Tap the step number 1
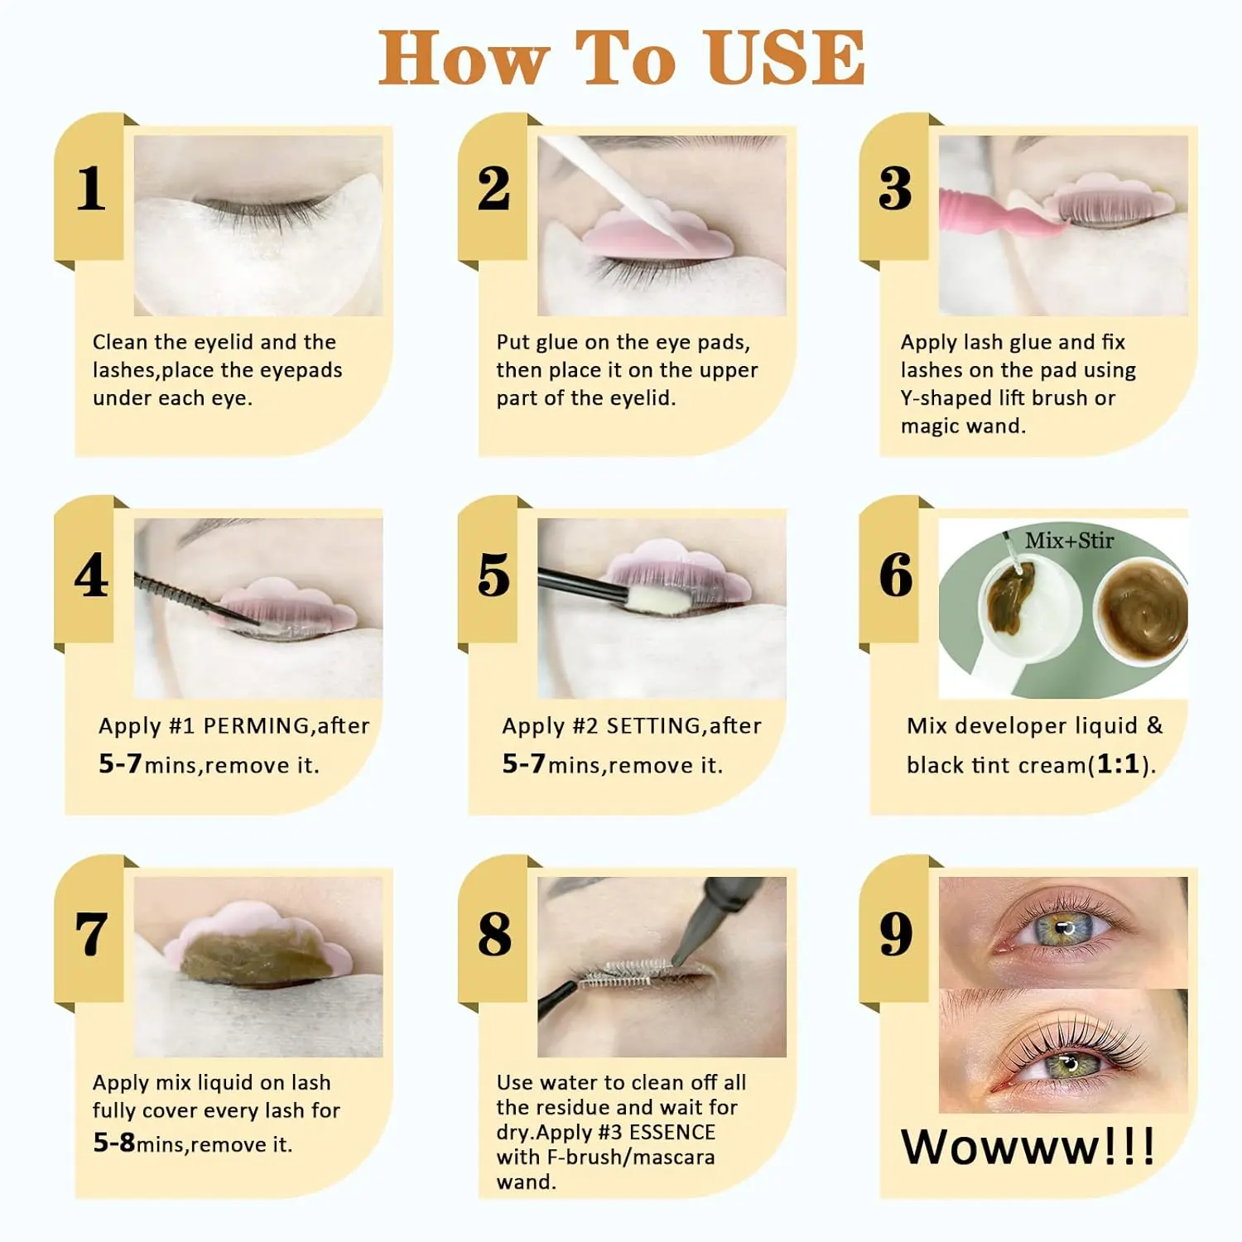pyautogui.click(x=90, y=189)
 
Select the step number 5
pyautogui.click(x=493, y=575)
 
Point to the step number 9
pyautogui.click(x=896, y=934)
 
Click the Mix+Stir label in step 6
pyautogui.click(x=1069, y=541)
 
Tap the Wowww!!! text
pyautogui.click(x=1028, y=1147)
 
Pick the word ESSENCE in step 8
pyautogui.click(x=672, y=1132)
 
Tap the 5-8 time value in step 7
pyautogui.click(x=114, y=1143)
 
